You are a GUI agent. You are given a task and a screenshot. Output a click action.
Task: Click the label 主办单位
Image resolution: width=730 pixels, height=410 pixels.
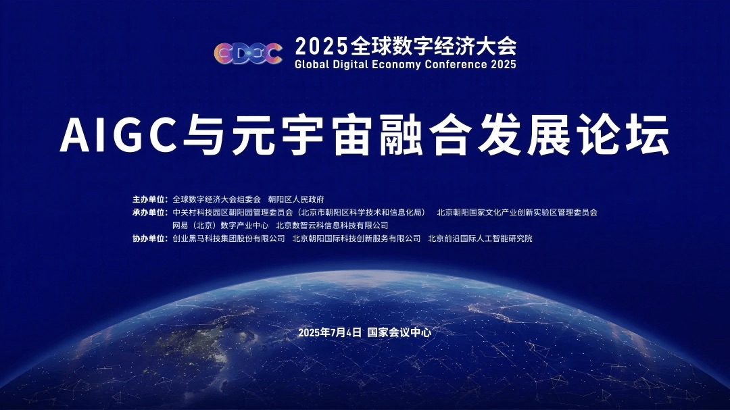pyautogui.click(x=149, y=199)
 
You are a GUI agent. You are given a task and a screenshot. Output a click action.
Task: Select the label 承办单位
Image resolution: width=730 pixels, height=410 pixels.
pyautogui.click(x=149, y=212)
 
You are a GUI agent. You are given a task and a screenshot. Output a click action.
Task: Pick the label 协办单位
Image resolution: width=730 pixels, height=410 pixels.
pyautogui.click(x=149, y=238)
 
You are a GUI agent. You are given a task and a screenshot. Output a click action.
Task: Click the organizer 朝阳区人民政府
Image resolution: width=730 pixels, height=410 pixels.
pyautogui.click(x=296, y=199)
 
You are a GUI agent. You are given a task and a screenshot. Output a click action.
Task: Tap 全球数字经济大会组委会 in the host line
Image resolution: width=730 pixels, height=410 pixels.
pyautogui.click(x=216, y=199)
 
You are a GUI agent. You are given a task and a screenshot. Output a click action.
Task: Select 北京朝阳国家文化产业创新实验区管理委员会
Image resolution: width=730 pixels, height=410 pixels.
pyautogui.click(x=517, y=212)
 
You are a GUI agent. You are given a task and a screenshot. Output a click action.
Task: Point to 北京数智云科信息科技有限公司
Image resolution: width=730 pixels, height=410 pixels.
pyautogui.click(x=332, y=226)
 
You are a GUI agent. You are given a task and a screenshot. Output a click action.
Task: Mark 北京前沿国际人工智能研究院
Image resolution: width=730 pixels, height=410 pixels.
pyautogui.click(x=480, y=238)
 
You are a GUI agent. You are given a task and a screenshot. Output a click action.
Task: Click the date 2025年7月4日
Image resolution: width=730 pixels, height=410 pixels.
pyautogui.click(x=329, y=332)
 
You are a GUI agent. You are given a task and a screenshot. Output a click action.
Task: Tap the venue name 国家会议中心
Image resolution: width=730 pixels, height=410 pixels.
pyautogui.click(x=399, y=332)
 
